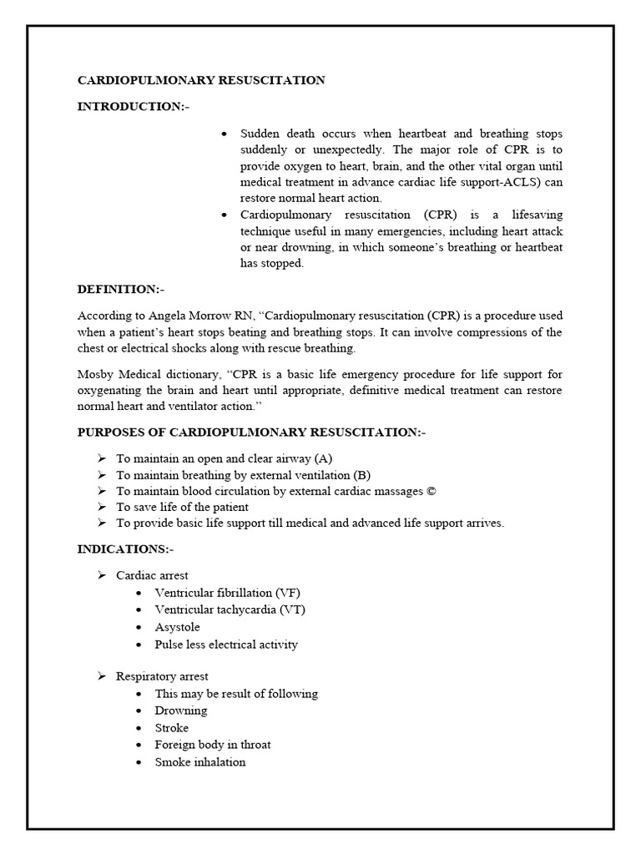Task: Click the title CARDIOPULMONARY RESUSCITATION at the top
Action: [x=201, y=80]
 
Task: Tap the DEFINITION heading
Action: [x=121, y=289]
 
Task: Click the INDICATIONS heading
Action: [x=125, y=549]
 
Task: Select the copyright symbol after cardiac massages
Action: [x=431, y=491]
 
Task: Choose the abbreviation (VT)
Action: [x=292, y=610]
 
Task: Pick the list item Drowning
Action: [x=181, y=711]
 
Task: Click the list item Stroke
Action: [x=172, y=728]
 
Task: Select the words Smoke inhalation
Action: [x=200, y=761]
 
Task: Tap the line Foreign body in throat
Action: [x=213, y=745]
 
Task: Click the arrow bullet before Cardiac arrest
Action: [x=102, y=575]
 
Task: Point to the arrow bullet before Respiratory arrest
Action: [x=102, y=676]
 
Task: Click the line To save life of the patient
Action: [x=182, y=507]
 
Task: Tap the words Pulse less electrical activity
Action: [x=226, y=645]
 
